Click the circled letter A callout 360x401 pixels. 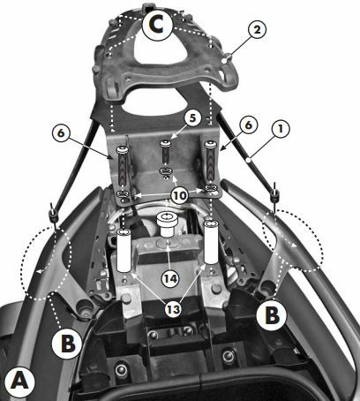[x=20, y=382]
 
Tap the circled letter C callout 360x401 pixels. [x=157, y=26]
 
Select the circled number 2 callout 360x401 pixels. [x=257, y=29]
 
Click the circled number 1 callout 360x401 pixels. [x=281, y=128]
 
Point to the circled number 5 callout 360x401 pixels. [x=192, y=118]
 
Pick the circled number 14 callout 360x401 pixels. [x=171, y=278]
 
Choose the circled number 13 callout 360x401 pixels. [x=173, y=309]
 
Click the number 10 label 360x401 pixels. [x=180, y=194]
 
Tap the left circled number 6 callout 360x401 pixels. [x=60, y=133]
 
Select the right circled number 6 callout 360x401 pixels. [x=249, y=125]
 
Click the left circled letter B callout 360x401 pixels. [x=67, y=344]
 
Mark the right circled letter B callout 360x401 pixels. [x=272, y=315]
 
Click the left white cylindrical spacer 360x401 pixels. [x=124, y=250]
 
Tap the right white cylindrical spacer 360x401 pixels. [x=211, y=242]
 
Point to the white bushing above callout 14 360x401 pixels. [x=167, y=223]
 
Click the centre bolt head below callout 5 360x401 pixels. [x=165, y=144]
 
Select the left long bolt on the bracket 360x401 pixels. [x=123, y=166]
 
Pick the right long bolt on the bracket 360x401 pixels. [x=210, y=162]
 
